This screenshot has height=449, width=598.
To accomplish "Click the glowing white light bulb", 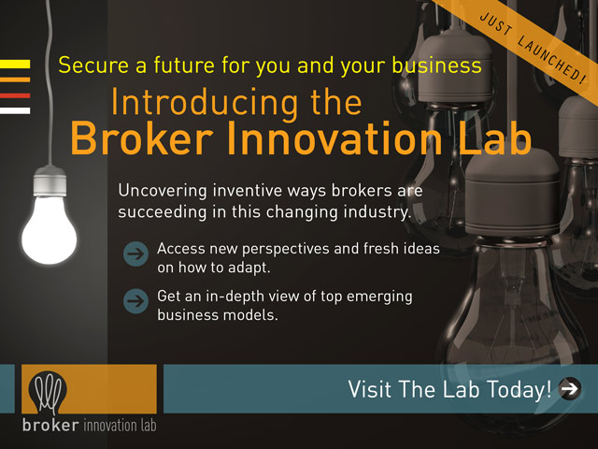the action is click(x=50, y=230).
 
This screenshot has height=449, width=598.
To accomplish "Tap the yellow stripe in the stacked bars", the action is click(x=15, y=64).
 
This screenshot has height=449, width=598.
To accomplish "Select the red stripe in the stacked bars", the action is click(x=15, y=95).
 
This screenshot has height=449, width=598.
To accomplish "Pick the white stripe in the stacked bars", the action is click(x=15, y=110).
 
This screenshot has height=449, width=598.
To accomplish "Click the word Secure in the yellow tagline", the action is click(x=93, y=65).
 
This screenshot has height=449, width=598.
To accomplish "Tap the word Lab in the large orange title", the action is click(x=494, y=138).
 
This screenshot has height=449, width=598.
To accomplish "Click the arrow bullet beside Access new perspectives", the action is click(x=135, y=253).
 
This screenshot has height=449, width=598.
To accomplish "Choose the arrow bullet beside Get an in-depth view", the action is click(x=135, y=301).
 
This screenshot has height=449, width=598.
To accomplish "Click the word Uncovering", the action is click(x=163, y=191).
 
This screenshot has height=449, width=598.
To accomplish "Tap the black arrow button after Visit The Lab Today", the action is click(x=570, y=389).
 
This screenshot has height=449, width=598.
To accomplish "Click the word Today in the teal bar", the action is click(x=520, y=389).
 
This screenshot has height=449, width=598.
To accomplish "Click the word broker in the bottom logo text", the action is click(x=50, y=425).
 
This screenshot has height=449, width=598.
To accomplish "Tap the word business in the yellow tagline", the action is click(x=437, y=65).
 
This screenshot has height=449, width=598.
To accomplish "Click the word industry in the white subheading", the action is click(x=377, y=212).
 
